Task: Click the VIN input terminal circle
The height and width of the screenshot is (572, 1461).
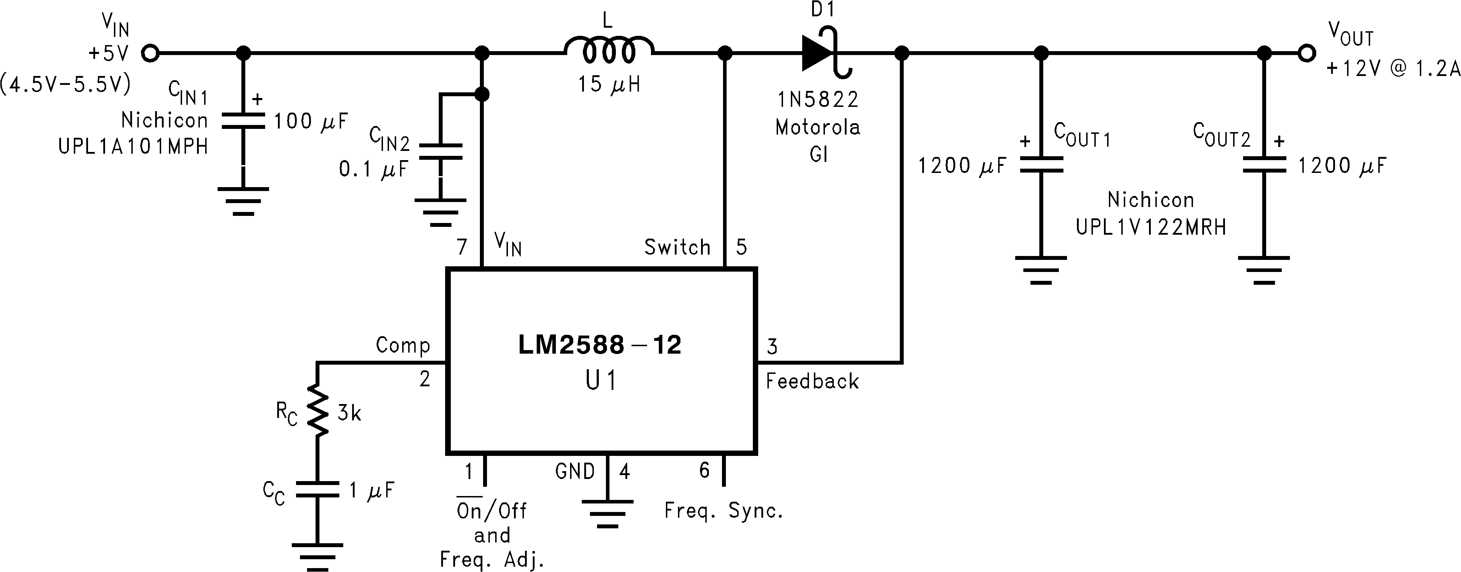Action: (150, 53)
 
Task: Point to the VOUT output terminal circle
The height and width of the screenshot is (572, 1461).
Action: (1307, 53)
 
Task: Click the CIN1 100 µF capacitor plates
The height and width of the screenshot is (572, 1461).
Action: (243, 121)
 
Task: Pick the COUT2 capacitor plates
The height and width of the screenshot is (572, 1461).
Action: (1264, 164)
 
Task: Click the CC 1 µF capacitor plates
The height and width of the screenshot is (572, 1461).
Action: (317, 489)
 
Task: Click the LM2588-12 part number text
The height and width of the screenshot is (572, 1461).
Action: (600, 345)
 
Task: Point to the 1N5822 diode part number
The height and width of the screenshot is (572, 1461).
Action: (818, 100)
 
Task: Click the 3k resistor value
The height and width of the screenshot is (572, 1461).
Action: (349, 414)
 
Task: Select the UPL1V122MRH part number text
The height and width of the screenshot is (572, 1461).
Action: (1151, 227)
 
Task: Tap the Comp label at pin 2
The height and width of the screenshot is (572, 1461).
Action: (403, 345)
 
